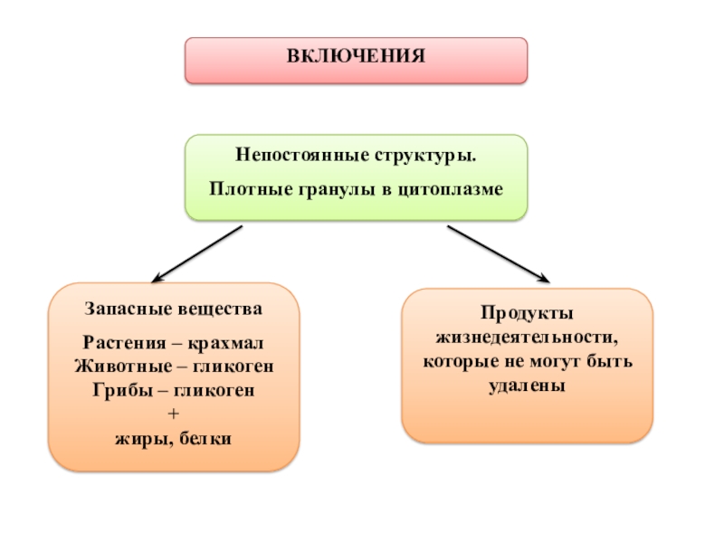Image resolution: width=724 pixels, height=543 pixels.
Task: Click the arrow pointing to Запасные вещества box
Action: pyautogui.click(x=197, y=253)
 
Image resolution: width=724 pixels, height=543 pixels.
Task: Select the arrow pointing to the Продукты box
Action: pyautogui.click(x=499, y=253)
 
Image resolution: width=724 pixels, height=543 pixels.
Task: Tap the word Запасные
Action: pyautogui.click(x=123, y=309)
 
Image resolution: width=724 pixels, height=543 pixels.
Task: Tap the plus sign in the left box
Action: pyautogui.click(x=175, y=414)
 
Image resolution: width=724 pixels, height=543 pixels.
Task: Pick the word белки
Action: pyautogui.click(x=209, y=439)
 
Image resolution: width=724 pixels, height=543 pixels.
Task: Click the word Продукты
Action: pyautogui.click(x=527, y=312)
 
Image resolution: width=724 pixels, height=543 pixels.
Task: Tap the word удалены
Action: pyautogui.click(x=527, y=385)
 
